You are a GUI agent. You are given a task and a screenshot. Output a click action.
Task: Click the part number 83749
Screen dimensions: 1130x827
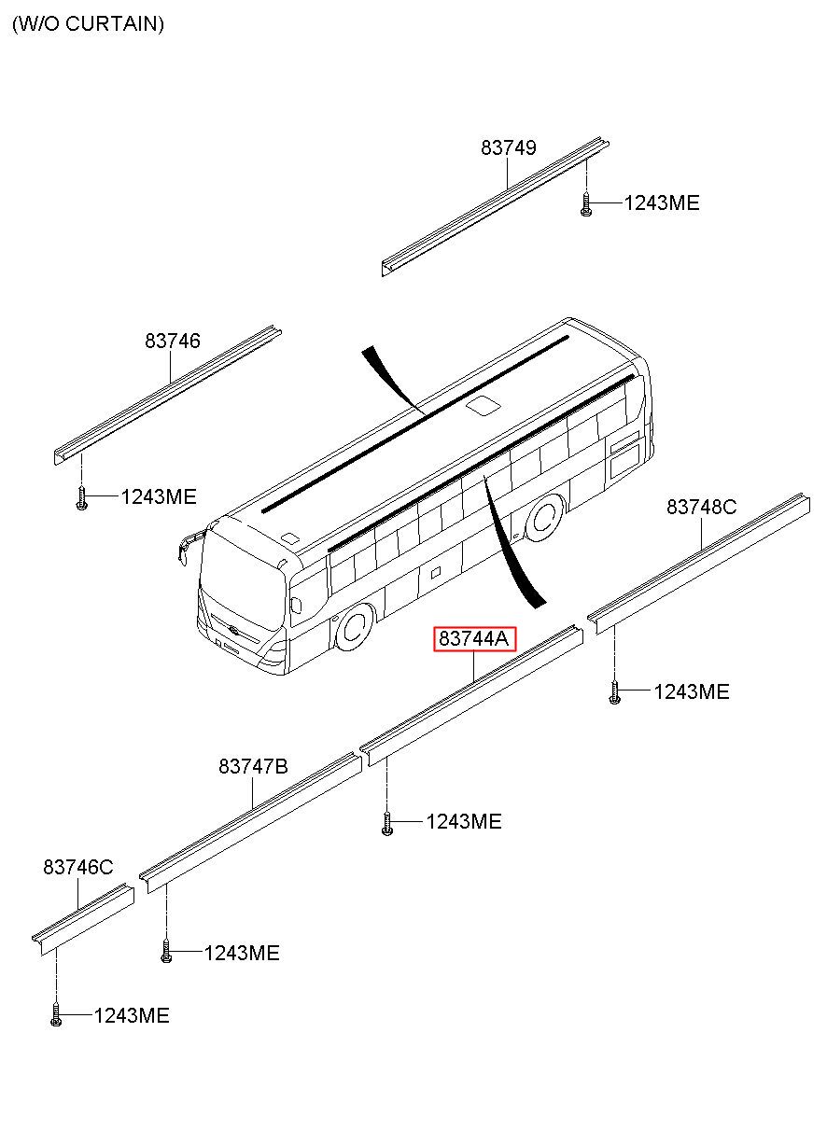(509, 147)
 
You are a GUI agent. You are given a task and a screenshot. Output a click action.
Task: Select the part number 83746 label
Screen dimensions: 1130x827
(172, 342)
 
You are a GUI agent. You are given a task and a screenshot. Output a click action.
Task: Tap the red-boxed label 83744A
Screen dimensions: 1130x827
(473, 639)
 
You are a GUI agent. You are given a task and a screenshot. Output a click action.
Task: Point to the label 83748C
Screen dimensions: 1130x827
(701, 507)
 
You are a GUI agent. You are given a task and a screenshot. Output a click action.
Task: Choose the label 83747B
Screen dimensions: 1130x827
(253, 766)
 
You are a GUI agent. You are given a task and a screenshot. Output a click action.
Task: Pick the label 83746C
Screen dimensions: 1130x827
(77, 868)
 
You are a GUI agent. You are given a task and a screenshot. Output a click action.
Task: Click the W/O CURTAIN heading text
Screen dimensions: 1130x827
(88, 24)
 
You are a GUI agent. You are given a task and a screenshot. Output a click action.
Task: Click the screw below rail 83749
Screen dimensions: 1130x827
(585, 205)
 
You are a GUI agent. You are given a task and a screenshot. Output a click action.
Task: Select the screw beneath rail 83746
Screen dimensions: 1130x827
(82, 499)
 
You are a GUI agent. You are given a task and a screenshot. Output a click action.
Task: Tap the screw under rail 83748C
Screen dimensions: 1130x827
(614, 693)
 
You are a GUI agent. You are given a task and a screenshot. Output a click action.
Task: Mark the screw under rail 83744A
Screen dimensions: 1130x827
(386, 824)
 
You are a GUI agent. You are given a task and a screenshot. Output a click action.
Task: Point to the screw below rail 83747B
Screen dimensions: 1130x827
(166, 953)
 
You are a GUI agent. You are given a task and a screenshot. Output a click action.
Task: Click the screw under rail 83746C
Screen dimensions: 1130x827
(56, 1016)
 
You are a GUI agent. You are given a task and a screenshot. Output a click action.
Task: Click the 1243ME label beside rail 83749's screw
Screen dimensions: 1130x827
(661, 203)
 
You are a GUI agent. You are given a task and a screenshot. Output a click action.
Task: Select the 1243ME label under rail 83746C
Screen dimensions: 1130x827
(131, 1015)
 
